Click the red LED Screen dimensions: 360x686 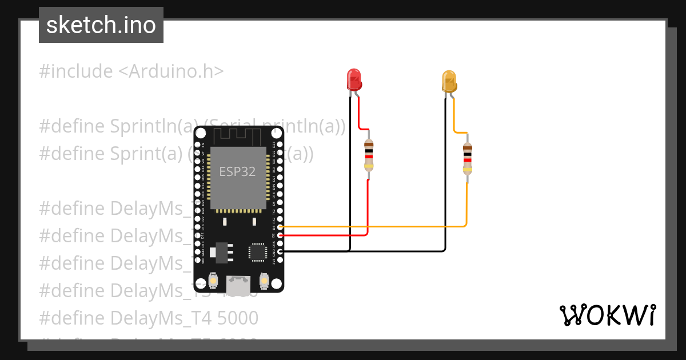point(354,79)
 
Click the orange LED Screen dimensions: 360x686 point(449,82)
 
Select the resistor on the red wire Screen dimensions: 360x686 point(369,155)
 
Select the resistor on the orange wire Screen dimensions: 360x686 point(468,158)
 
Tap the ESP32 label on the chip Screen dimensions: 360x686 point(237,171)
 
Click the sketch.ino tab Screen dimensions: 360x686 point(101,25)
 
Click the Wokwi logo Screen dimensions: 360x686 point(607,315)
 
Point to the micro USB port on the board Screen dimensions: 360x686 point(238,282)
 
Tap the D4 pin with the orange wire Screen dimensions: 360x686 point(280,227)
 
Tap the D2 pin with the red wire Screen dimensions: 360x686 point(280,235)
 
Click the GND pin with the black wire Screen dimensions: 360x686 point(280,251)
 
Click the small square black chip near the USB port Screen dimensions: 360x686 point(257,252)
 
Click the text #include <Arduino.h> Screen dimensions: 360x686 point(131,71)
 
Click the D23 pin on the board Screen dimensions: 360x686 point(280,145)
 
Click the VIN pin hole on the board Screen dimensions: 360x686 point(197,259)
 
